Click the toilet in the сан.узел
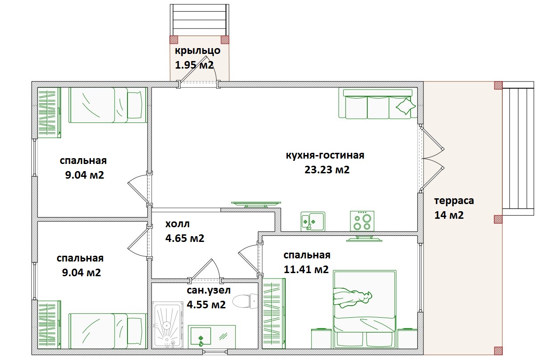(245, 301)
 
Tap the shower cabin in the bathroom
(168, 325)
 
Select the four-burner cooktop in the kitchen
(362, 221)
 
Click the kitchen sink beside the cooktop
(313, 221)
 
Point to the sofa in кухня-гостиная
(378, 104)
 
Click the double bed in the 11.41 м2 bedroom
(365, 309)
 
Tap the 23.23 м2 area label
(327, 170)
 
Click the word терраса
(454, 201)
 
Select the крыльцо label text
(198, 51)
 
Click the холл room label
(177, 224)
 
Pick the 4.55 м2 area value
(206, 305)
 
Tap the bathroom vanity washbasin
(212, 336)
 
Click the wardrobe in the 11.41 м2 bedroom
(274, 314)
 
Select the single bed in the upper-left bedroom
(108, 105)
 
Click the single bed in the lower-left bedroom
(108, 331)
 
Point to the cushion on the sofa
(406, 106)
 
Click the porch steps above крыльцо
(199, 20)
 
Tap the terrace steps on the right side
(518, 148)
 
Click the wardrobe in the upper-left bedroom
(49, 113)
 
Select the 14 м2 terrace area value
(449, 215)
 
